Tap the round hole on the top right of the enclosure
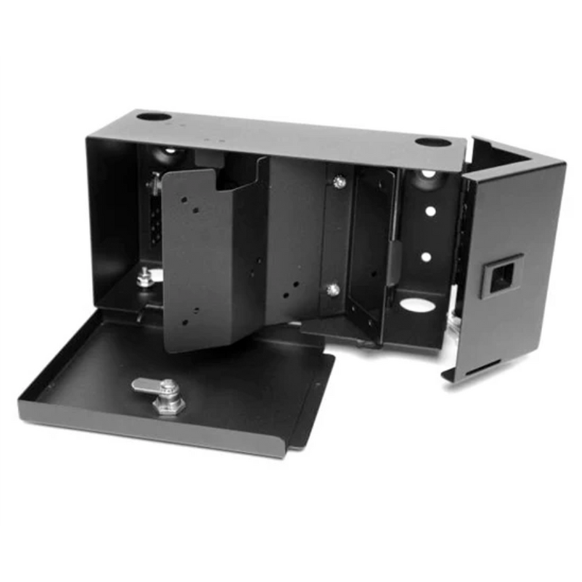click(x=433, y=142)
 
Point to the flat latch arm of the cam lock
click(x=146, y=385)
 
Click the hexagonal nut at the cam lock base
click(x=169, y=406)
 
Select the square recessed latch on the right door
click(x=501, y=275)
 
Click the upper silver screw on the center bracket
click(x=339, y=181)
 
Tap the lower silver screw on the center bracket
click(x=333, y=289)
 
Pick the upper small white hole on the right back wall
click(x=431, y=211)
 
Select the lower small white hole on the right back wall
click(x=426, y=257)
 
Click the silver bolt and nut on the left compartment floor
click(x=145, y=278)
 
